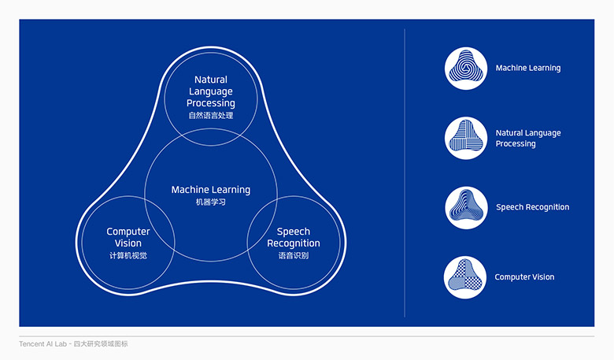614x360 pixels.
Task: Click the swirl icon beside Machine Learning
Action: coord(466,69)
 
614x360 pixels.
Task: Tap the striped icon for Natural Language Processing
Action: coord(466,138)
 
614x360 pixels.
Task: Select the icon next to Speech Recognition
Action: coord(466,207)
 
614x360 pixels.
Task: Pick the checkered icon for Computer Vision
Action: coord(466,277)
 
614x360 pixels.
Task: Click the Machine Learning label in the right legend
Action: coord(527,69)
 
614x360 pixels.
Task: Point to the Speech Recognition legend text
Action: coord(532,207)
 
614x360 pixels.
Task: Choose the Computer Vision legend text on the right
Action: coord(524,277)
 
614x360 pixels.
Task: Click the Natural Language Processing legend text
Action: coord(527,139)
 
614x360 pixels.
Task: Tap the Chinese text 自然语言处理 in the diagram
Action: coord(211,116)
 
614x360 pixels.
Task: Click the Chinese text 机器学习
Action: coord(211,202)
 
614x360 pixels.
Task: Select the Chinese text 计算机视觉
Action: coord(128,255)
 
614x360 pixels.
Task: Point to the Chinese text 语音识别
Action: coord(294,255)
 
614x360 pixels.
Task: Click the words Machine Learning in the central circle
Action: coord(211,190)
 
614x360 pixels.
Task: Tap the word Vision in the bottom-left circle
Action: coord(128,243)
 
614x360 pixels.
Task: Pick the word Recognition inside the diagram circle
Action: coord(294,243)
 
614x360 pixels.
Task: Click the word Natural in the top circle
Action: coord(211,80)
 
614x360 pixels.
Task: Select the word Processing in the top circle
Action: coord(211,103)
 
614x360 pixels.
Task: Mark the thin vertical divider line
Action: coord(405,173)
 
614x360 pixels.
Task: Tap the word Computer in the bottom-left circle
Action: coord(128,232)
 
